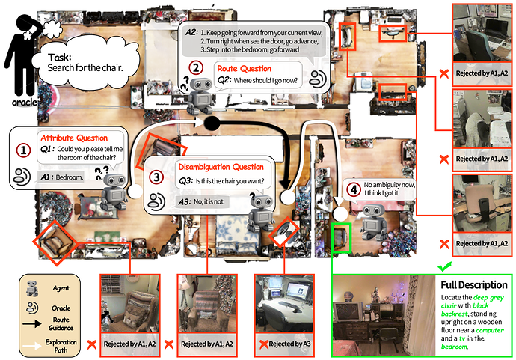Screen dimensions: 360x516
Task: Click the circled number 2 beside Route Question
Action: (x=195, y=67)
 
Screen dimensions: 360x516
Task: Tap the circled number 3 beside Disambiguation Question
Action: (x=156, y=177)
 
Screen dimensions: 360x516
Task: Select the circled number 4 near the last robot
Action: (x=354, y=189)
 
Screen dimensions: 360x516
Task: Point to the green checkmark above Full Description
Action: (x=446, y=266)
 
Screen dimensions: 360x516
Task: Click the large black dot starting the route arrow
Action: (x=212, y=123)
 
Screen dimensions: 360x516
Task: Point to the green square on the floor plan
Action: (x=341, y=238)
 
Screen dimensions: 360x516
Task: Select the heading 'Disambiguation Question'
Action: (x=221, y=166)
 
